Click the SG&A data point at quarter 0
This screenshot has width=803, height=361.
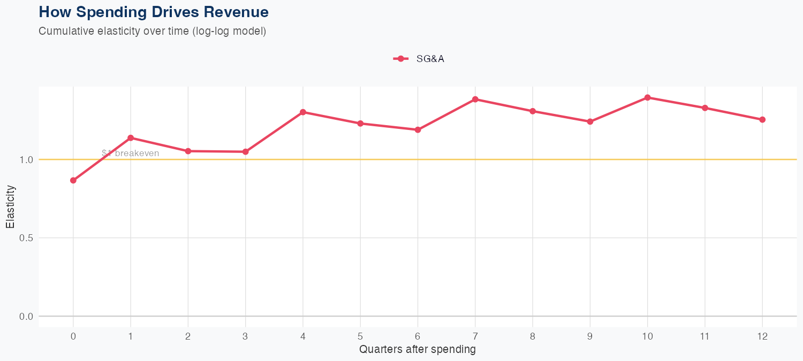click(73, 180)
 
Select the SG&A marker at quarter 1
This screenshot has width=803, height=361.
click(131, 138)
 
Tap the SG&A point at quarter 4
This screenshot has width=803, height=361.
click(303, 112)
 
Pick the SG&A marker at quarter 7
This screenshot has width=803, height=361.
click(475, 99)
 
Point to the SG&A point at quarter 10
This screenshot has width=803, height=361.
click(648, 97)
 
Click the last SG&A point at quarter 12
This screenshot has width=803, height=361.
click(762, 120)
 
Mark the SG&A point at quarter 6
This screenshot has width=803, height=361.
click(418, 129)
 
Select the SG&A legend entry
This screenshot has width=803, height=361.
click(419, 59)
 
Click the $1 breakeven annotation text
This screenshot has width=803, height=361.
click(130, 153)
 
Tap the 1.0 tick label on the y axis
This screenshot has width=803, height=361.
click(27, 159)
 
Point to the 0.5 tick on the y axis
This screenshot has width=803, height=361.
click(27, 238)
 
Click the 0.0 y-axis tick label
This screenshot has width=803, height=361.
click(27, 317)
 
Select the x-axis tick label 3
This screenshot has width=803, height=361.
click(246, 336)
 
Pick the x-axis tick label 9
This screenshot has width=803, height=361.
click(590, 336)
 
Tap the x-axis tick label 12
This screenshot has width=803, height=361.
click(762, 336)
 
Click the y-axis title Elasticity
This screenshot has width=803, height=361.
click(10, 207)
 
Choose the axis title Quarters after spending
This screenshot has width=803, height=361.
click(418, 350)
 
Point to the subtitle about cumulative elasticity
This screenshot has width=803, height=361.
click(153, 31)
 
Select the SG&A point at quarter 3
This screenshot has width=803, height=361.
click(246, 152)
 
